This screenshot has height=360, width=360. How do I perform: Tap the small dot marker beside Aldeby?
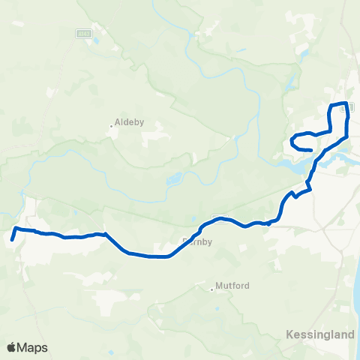click(112, 125)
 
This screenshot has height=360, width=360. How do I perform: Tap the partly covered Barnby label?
click(198, 241)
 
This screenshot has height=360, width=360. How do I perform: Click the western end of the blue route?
click(13, 240)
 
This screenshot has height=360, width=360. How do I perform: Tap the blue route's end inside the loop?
click(310, 150)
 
